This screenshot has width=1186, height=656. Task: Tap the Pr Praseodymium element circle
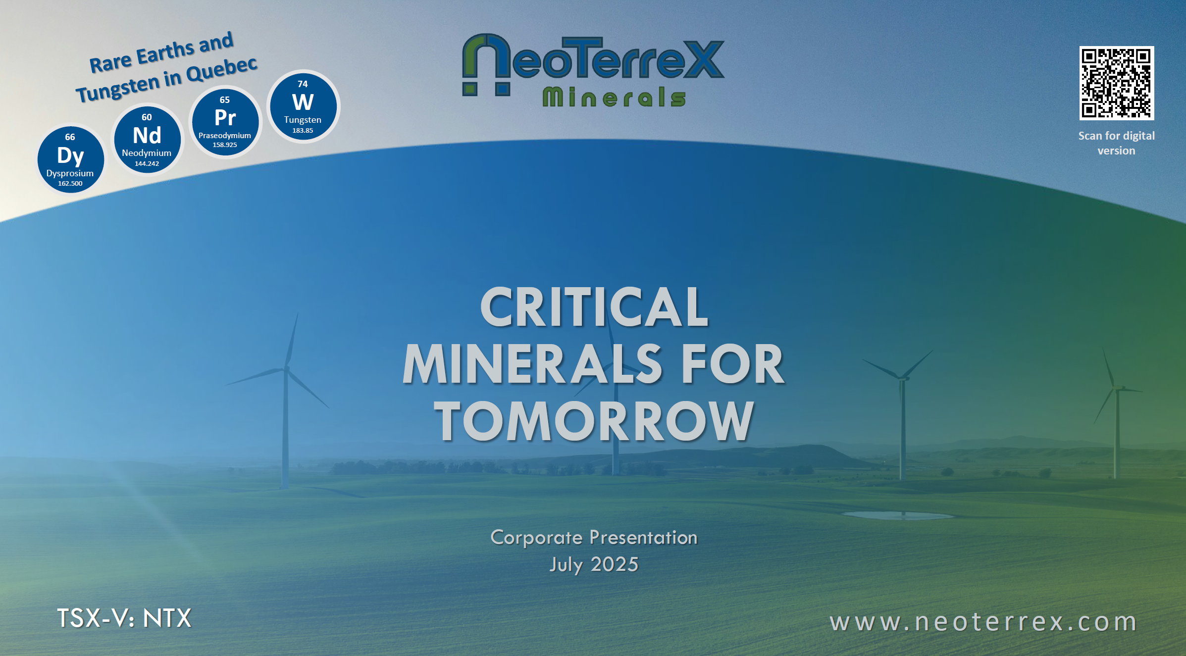(225, 122)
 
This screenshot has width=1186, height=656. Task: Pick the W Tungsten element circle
(303, 106)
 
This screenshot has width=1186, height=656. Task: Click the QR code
(1116, 83)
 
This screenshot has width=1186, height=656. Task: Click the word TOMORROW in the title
(594, 421)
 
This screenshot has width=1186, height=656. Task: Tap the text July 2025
(594, 564)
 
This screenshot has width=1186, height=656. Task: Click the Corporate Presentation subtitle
(594, 538)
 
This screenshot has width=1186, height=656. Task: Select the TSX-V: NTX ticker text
(124, 618)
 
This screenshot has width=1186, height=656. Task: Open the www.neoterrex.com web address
(983, 622)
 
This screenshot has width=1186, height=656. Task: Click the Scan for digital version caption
(1116, 143)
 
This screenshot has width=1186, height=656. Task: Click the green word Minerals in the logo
(614, 97)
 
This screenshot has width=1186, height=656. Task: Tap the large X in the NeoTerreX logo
(702, 59)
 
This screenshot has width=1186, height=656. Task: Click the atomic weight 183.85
(303, 131)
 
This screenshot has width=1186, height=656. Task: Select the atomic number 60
(147, 117)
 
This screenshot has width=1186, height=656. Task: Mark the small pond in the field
(899, 515)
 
